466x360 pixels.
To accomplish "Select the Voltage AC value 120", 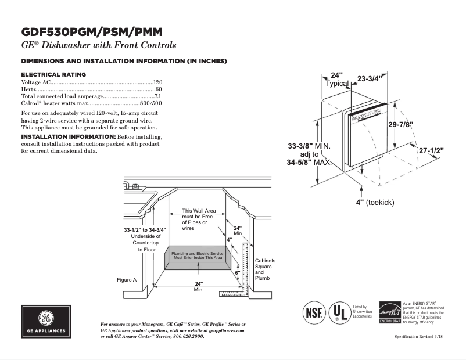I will tap(157, 83).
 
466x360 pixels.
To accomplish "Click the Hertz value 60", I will tap(159, 89).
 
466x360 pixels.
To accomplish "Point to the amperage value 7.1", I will tap(157, 96).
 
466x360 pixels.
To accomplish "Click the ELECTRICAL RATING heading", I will tap(53, 74).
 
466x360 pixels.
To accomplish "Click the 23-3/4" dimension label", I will tap(369, 78).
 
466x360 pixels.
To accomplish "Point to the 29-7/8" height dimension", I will tap(401, 124).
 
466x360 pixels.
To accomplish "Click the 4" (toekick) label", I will tap(375, 202).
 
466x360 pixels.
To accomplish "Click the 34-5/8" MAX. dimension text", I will tap(309, 163).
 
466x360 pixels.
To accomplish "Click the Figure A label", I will tap(127, 280).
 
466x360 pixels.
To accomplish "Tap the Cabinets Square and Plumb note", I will tap(265, 269).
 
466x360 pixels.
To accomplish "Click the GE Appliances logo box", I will tap(46, 321).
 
